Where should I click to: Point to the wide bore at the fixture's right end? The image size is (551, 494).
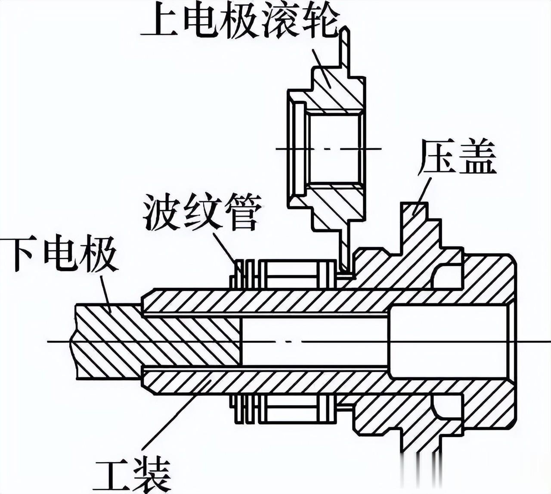(448, 341)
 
